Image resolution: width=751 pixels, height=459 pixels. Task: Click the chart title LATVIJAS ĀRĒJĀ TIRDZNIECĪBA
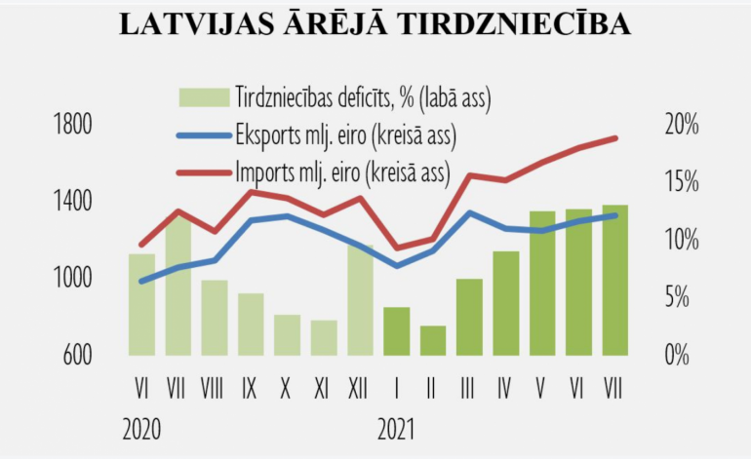pyautogui.click(x=375, y=25)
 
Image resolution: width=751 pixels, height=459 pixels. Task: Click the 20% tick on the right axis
pyautogui.click(x=681, y=126)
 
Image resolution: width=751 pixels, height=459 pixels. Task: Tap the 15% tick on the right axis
pyautogui.click(x=681, y=183)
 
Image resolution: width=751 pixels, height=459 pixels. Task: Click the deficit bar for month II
pyautogui.click(x=433, y=340)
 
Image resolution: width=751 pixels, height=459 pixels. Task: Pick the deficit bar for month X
pyautogui.click(x=287, y=335)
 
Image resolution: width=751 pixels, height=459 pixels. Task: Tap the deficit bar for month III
pyautogui.click(x=469, y=317)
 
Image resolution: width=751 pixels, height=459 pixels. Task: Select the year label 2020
pyautogui.click(x=142, y=430)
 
